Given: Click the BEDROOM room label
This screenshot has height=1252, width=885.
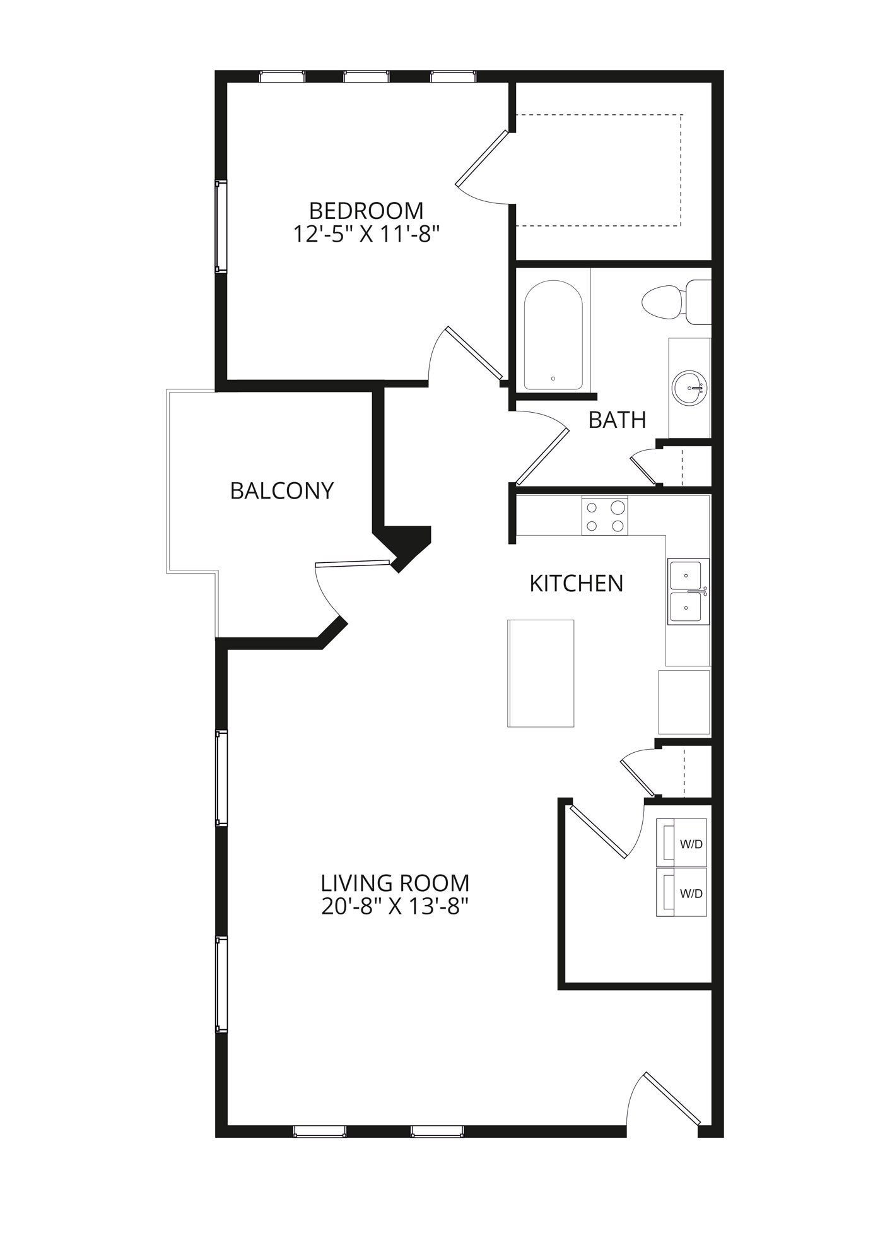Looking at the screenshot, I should point(365,210).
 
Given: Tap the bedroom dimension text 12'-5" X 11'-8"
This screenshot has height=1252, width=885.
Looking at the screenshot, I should point(365,235).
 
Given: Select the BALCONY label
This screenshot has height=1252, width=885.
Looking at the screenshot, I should point(281,490).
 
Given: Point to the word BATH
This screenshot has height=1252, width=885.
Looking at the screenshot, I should point(617,420).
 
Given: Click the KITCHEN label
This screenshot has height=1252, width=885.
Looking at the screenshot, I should point(576,584).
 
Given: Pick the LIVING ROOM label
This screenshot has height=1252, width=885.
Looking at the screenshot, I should point(395,882).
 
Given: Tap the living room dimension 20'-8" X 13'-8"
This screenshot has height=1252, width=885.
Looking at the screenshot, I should point(395,907).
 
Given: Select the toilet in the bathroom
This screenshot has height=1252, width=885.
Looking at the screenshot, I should point(672,302).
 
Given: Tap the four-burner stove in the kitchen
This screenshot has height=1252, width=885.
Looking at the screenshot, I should point(605,516).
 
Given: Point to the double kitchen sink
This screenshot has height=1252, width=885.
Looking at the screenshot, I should point(688,591).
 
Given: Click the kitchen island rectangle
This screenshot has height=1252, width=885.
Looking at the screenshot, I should point(541,673).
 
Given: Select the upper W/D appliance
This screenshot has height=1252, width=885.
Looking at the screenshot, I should point(681,842).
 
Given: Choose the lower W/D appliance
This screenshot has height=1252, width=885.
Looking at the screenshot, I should point(681,892).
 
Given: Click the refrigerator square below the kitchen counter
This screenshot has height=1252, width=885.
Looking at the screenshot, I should point(684,702).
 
